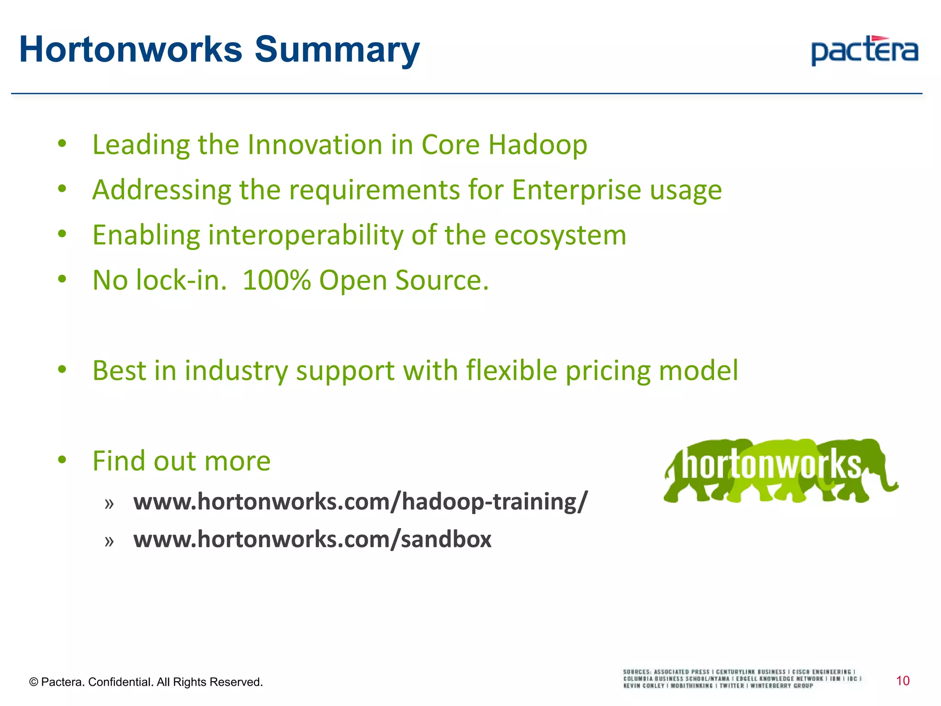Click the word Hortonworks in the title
coord(130,50)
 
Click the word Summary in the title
coord(337,50)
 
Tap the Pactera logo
coord(864,51)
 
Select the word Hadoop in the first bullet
coord(537,145)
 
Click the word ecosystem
coord(560,235)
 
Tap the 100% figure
coord(277,280)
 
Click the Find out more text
coord(181,461)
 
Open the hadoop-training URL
coord(360,501)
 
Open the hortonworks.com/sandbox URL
coord(312,539)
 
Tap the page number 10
coord(902,681)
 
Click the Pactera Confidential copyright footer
coord(146,682)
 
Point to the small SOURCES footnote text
coord(741,678)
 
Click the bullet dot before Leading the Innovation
coord(62,144)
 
